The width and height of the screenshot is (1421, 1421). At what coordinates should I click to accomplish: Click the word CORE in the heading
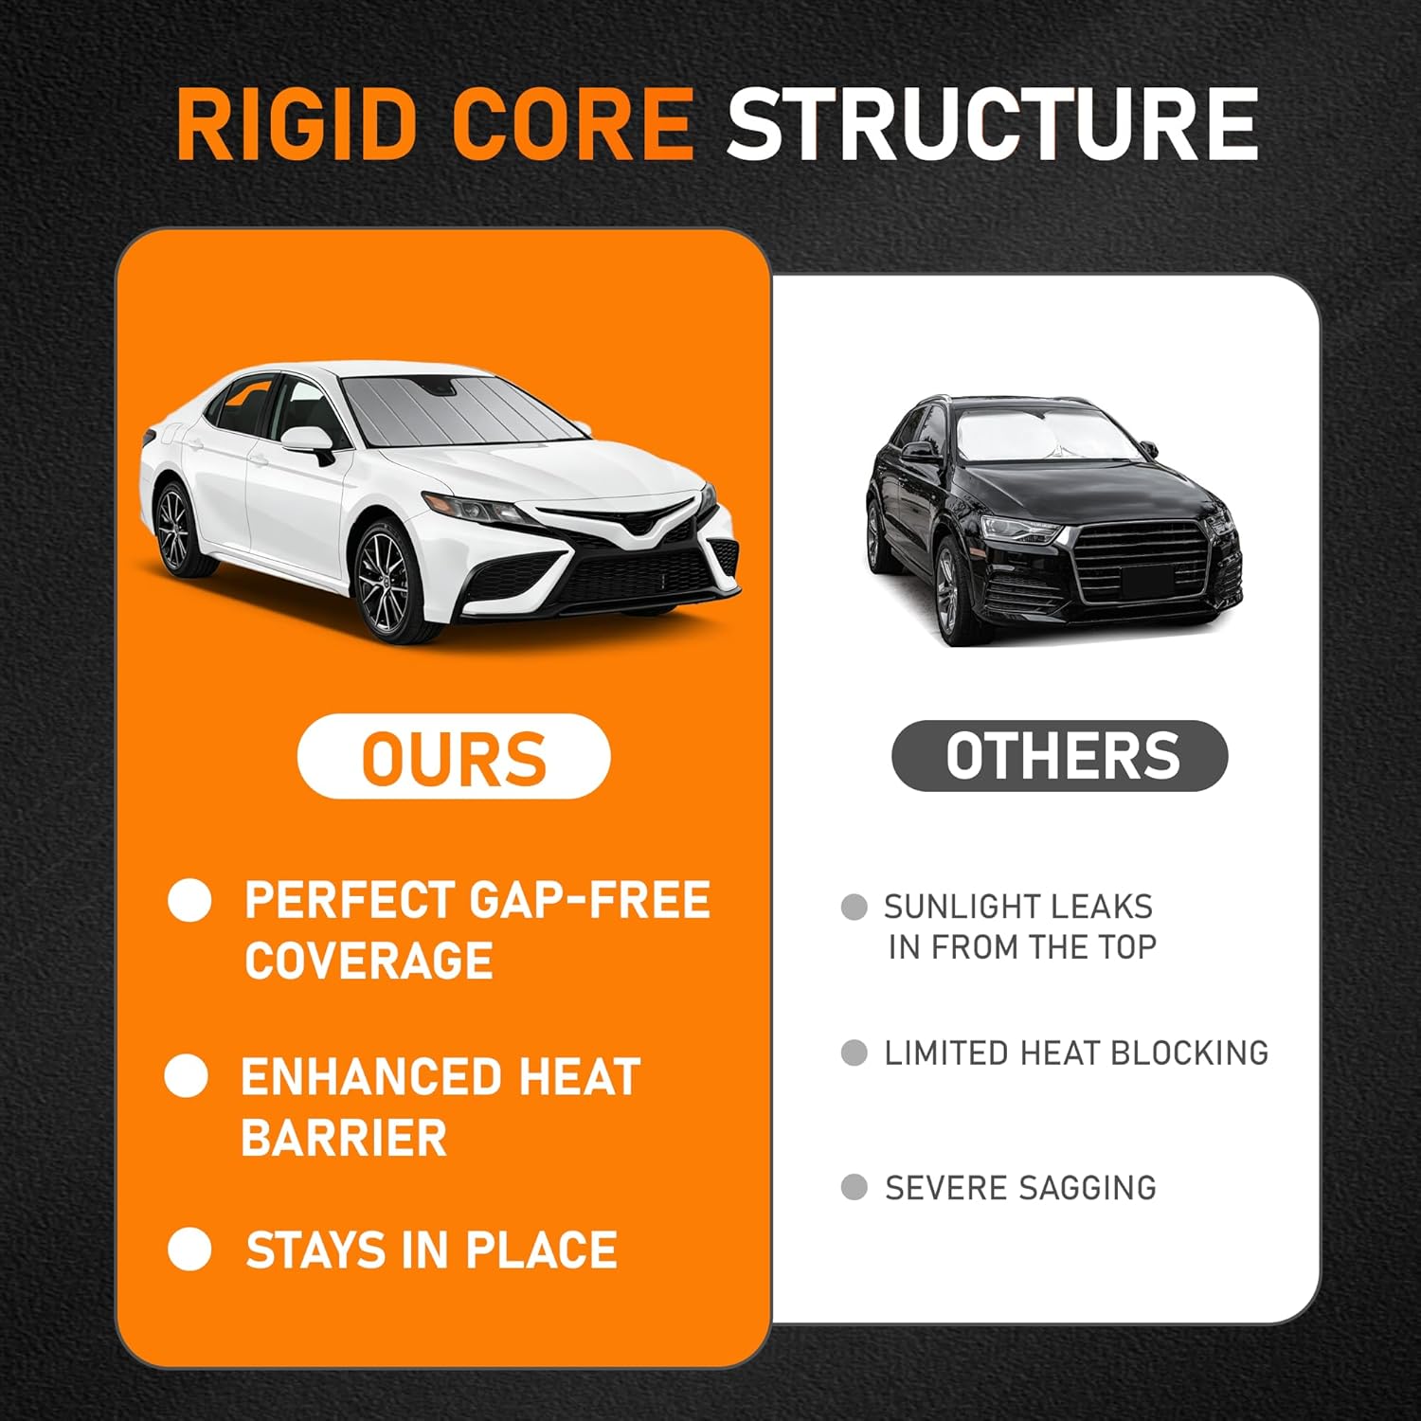573,125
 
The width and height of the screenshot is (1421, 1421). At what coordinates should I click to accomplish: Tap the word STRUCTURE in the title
992,125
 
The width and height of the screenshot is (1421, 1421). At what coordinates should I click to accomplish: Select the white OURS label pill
454,756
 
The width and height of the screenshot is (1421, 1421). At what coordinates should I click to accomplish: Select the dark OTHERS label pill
1060,755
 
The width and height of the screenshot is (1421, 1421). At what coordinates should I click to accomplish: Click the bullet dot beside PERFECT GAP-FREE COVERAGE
189,900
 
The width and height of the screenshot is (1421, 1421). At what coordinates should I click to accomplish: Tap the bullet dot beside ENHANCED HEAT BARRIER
187,1076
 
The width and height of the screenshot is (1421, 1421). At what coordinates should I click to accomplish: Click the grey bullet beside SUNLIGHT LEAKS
854,907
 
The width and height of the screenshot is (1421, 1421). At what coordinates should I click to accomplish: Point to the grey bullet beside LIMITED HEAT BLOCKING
854,1052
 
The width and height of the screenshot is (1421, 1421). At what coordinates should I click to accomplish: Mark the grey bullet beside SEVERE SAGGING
854,1187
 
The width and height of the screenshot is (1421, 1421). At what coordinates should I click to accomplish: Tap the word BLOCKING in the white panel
1189,1052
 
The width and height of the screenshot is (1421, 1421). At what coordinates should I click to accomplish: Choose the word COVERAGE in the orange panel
369,961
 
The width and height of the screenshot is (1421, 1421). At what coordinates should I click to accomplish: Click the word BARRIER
344,1137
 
